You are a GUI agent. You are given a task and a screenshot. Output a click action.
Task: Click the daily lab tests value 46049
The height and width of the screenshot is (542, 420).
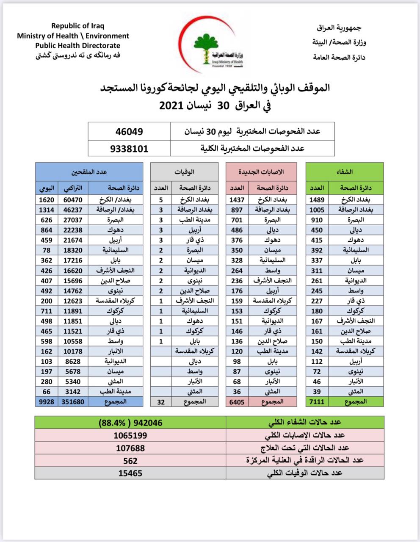point(129,132)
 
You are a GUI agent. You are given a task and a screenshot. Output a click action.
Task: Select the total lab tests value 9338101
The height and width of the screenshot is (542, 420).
point(129,149)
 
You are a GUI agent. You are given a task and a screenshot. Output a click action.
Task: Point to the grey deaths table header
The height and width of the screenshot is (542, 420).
point(185,172)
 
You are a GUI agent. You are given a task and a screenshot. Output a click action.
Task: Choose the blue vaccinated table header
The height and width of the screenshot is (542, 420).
point(89,172)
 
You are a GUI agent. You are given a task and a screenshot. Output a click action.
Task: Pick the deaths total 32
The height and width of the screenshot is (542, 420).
point(161,401)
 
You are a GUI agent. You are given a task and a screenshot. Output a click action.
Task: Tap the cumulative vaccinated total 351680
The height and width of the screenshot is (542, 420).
point(72,401)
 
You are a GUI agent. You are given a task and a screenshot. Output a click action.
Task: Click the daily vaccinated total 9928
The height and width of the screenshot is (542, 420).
point(46,401)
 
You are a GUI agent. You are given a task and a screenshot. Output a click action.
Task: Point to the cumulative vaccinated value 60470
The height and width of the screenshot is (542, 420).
point(72,199)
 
